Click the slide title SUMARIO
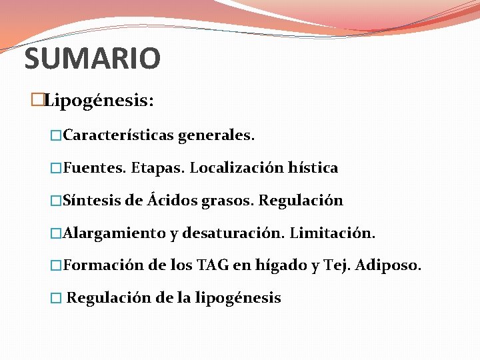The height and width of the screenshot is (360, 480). point(92,59)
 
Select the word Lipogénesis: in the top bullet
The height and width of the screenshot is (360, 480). point(99,101)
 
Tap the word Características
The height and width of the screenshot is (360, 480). point(117,135)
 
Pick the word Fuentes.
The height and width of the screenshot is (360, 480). point(94,168)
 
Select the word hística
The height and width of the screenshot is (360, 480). point(313,168)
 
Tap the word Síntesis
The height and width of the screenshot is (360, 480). point(91,201)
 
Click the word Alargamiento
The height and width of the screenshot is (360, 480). point(114,233)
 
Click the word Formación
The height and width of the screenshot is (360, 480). point(103,265)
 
